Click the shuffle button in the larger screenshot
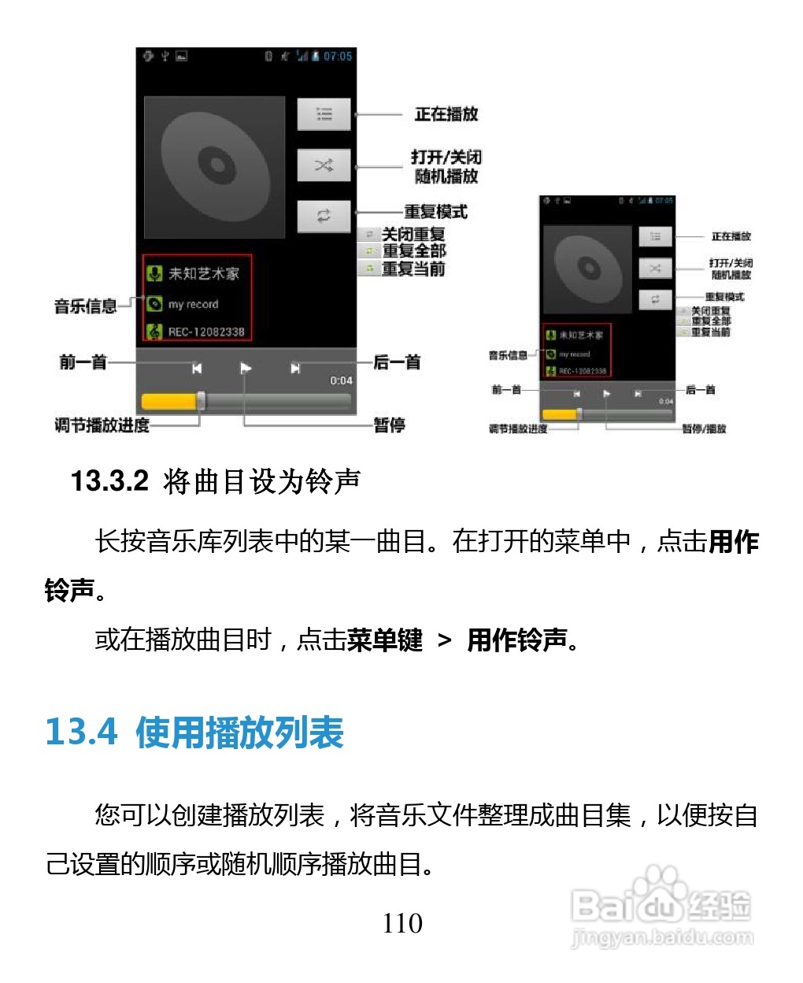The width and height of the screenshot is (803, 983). pyautogui.click(x=324, y=165)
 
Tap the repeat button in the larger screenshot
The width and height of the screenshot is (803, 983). pyautogui.click(x=324, y=216)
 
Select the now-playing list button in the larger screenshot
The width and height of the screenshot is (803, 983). pyautogui.click(x=324, y=115)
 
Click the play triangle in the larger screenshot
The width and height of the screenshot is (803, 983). pyautogui.click(x=246, y=368)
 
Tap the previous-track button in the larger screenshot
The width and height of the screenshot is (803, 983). pyautogui.click(x=197, y=368)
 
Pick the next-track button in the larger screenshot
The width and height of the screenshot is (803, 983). pyautogui.click(x=295, y=368)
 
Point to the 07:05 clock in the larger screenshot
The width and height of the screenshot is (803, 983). pyautogui.click(x=338, y=57)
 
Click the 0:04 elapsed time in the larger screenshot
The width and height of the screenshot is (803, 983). pyautogui.click(x=341, y=380)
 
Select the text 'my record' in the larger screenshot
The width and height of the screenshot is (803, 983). pyautogui.click(x=193, y=304)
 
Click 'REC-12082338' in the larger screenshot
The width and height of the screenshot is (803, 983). pyautogui.click(x=206, y=332)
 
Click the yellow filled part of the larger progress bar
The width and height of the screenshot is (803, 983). pyautogui.click(x=168, y=402)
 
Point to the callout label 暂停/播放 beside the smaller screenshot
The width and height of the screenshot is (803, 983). pyautogui.click(x=704, y=429)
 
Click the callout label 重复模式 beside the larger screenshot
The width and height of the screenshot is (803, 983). pyautogui.click(x=435, y=212)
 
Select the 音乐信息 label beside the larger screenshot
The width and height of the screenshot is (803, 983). pyautogui.click(x=85, y=306)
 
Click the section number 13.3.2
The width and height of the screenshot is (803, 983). pyautogui.click(x=109, y=480)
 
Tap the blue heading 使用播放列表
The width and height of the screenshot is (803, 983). pyautogui.click(x=239, y=733)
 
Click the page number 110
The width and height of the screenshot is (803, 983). pyautogui.click(x=402, y=923)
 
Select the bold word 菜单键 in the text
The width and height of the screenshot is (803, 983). pyautogui.click(x=384, y=640)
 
